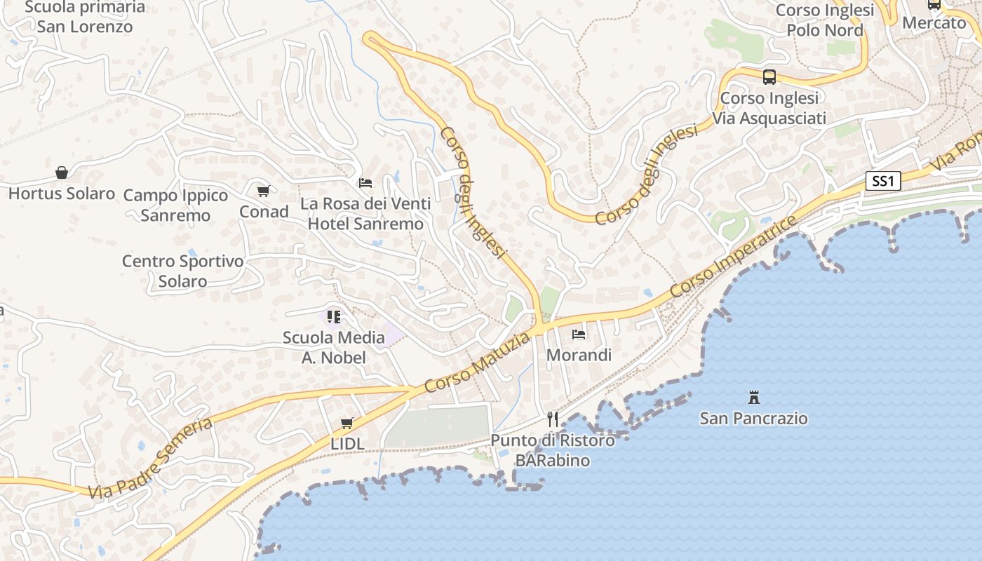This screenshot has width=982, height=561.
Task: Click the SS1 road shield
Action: pyautogui.click(x=883, y=182)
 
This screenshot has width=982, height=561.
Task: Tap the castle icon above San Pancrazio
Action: pyautogui.click(x=754, y=398)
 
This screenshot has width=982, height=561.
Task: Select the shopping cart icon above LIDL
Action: pyautogui.click(x=347, y=423)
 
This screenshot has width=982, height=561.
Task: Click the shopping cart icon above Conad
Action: pyautogui.click(x=264, y=191)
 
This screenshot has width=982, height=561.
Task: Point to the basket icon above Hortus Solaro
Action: pyautogui.click(x=62, y=173)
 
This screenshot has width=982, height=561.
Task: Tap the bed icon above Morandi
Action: pyautogui.click(x=579, y=334)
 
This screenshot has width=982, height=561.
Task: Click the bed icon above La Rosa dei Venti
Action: pyautogui.click(x=365, y=183)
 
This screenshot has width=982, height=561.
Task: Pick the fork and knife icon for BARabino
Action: pyautogui.click(x=553, y=419)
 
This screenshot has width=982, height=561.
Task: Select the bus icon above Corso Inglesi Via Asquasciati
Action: pyautogui.click(x=769, y=77)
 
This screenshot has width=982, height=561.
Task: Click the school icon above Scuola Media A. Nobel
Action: pyautogui.click(x=333, y=317)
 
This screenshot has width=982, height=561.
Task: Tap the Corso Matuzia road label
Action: pyautogui.click(x=477, y=363)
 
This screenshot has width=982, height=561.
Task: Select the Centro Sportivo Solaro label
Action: pyautogui.click(x=182, y=271)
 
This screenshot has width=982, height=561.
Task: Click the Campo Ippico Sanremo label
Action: pyautogui.click(x=175, y=205)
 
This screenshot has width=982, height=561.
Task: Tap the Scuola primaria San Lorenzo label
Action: pyautogui.click(x=85, y=18)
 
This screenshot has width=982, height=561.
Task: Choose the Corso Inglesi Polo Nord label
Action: pyautogui.click(x=825, y=20)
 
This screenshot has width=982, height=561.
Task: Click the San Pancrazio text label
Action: pyautogui.click(x=754, y=419)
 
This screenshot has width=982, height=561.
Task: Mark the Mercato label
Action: pyautogui.click(x=934, y=22)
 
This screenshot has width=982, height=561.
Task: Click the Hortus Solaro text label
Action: pyautogui.click(x=62, y=194)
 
